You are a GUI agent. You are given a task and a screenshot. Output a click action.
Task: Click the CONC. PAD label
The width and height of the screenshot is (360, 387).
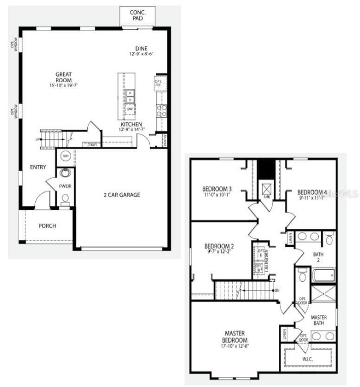(x=137, y=15)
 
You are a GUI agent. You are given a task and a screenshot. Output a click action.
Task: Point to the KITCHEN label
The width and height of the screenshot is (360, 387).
(x=131, y=124)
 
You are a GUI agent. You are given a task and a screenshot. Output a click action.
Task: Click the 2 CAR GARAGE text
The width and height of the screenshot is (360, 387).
(x=122, y=195)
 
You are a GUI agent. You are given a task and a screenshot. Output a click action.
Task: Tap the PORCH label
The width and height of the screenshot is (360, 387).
(x=47, y=225)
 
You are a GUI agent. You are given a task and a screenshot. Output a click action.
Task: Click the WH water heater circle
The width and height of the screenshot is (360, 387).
(x=66, y=156)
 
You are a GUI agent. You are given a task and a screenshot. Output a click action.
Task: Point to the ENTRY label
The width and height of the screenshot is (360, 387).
(x=38, y=167)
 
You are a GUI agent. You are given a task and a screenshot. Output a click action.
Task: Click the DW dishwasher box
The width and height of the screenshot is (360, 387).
(x=130, y=109)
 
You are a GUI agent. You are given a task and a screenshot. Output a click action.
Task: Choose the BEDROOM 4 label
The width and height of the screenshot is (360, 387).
(x=312, y=192)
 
